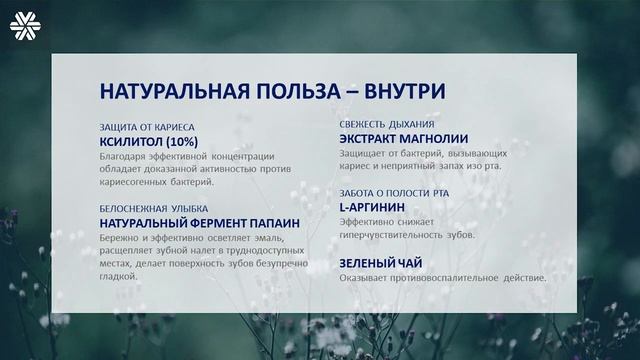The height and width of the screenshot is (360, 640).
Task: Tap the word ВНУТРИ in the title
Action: pos(398,93)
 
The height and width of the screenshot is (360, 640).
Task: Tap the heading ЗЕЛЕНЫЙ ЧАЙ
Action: pos(380,263)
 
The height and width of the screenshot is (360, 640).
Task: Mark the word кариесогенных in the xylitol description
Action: pos(134,183)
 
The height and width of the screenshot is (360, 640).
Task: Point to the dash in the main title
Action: pos(340,93)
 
